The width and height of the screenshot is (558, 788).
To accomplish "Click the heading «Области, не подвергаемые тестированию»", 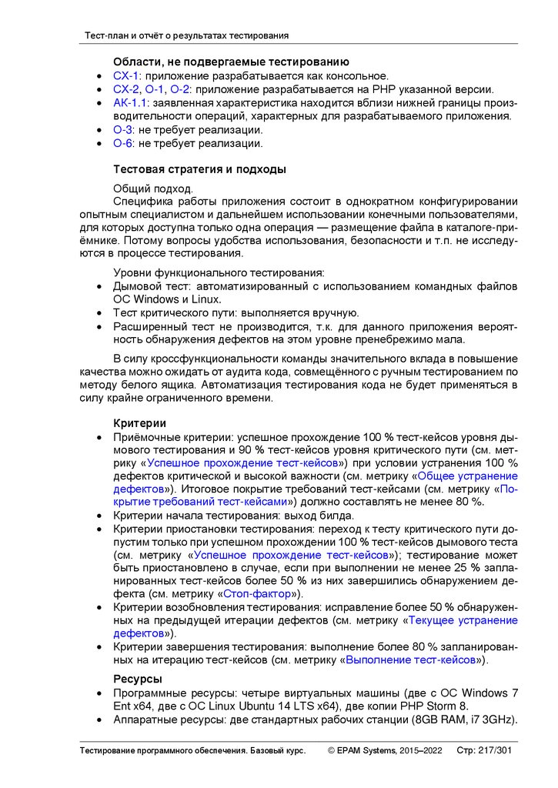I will click(231, 62).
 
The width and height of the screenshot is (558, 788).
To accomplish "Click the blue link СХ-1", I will click(125, 76).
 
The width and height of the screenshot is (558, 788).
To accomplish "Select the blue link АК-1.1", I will click(129, 102).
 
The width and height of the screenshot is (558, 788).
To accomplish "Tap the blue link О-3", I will click(122, 129).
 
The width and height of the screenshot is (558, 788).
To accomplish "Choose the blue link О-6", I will click(122, 142).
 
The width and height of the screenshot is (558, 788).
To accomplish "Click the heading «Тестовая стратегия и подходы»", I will click(199, 169).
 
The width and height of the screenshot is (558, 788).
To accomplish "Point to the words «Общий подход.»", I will click(154, 189).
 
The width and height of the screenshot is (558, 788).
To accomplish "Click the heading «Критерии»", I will click(139, 423).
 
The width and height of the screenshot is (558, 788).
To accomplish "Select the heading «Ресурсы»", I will click(137, 679).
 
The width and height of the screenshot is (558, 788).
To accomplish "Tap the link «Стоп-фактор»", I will click(256, 594).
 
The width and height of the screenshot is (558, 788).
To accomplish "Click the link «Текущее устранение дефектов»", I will click(462, 620).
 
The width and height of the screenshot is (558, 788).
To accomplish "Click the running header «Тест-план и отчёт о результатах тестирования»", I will click(186, 35).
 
